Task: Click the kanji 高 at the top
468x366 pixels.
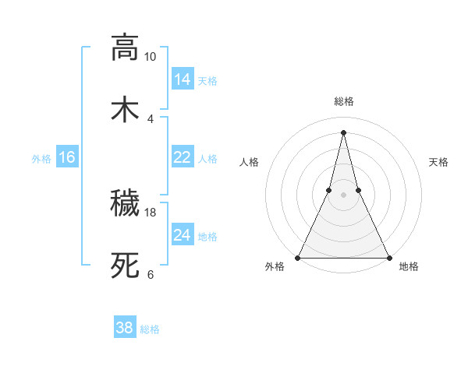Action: [x=125, y=47]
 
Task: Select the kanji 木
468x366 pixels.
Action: [x=125, y=108]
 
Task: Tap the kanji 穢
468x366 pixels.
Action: [x=125, y=203]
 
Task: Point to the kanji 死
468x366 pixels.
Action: [x=125, y=265]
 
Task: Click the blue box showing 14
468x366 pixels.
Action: [x=183, y=79]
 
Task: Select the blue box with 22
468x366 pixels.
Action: [x=183, y=157]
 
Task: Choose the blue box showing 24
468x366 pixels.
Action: [x=183, y=235]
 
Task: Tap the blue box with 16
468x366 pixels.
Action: [x=67, y=157]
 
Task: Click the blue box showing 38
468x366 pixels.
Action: [x=125, y=328]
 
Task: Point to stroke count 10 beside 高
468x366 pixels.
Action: [x=151, y=57]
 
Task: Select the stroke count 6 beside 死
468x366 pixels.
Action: [x=151, y=274]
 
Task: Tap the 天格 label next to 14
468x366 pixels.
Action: [x=207, y=81]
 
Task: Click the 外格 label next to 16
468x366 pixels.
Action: [x=41, y=159]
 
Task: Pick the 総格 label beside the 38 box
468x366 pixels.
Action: [x=150, y=329]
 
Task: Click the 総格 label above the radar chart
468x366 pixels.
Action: [x=344, y=102]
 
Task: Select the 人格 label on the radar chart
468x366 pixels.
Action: [x=250, y=162]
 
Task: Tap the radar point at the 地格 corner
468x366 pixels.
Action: [x=388, y=257]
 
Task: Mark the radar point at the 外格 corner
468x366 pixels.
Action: [x=299, y=257]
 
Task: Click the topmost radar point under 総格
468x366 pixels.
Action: [x=343, y=132]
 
